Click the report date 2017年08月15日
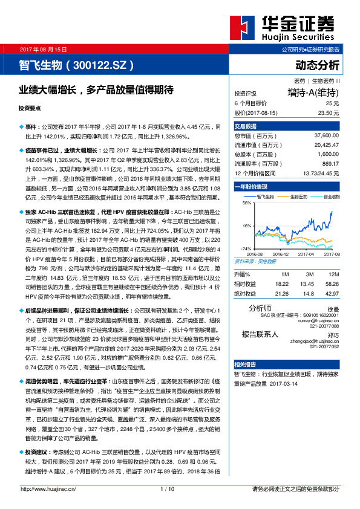coord(44,49)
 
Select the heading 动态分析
coord(318,64)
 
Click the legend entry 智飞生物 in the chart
coord(266,196)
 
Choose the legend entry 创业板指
coord(331,196)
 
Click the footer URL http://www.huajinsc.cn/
coord(48,488)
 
